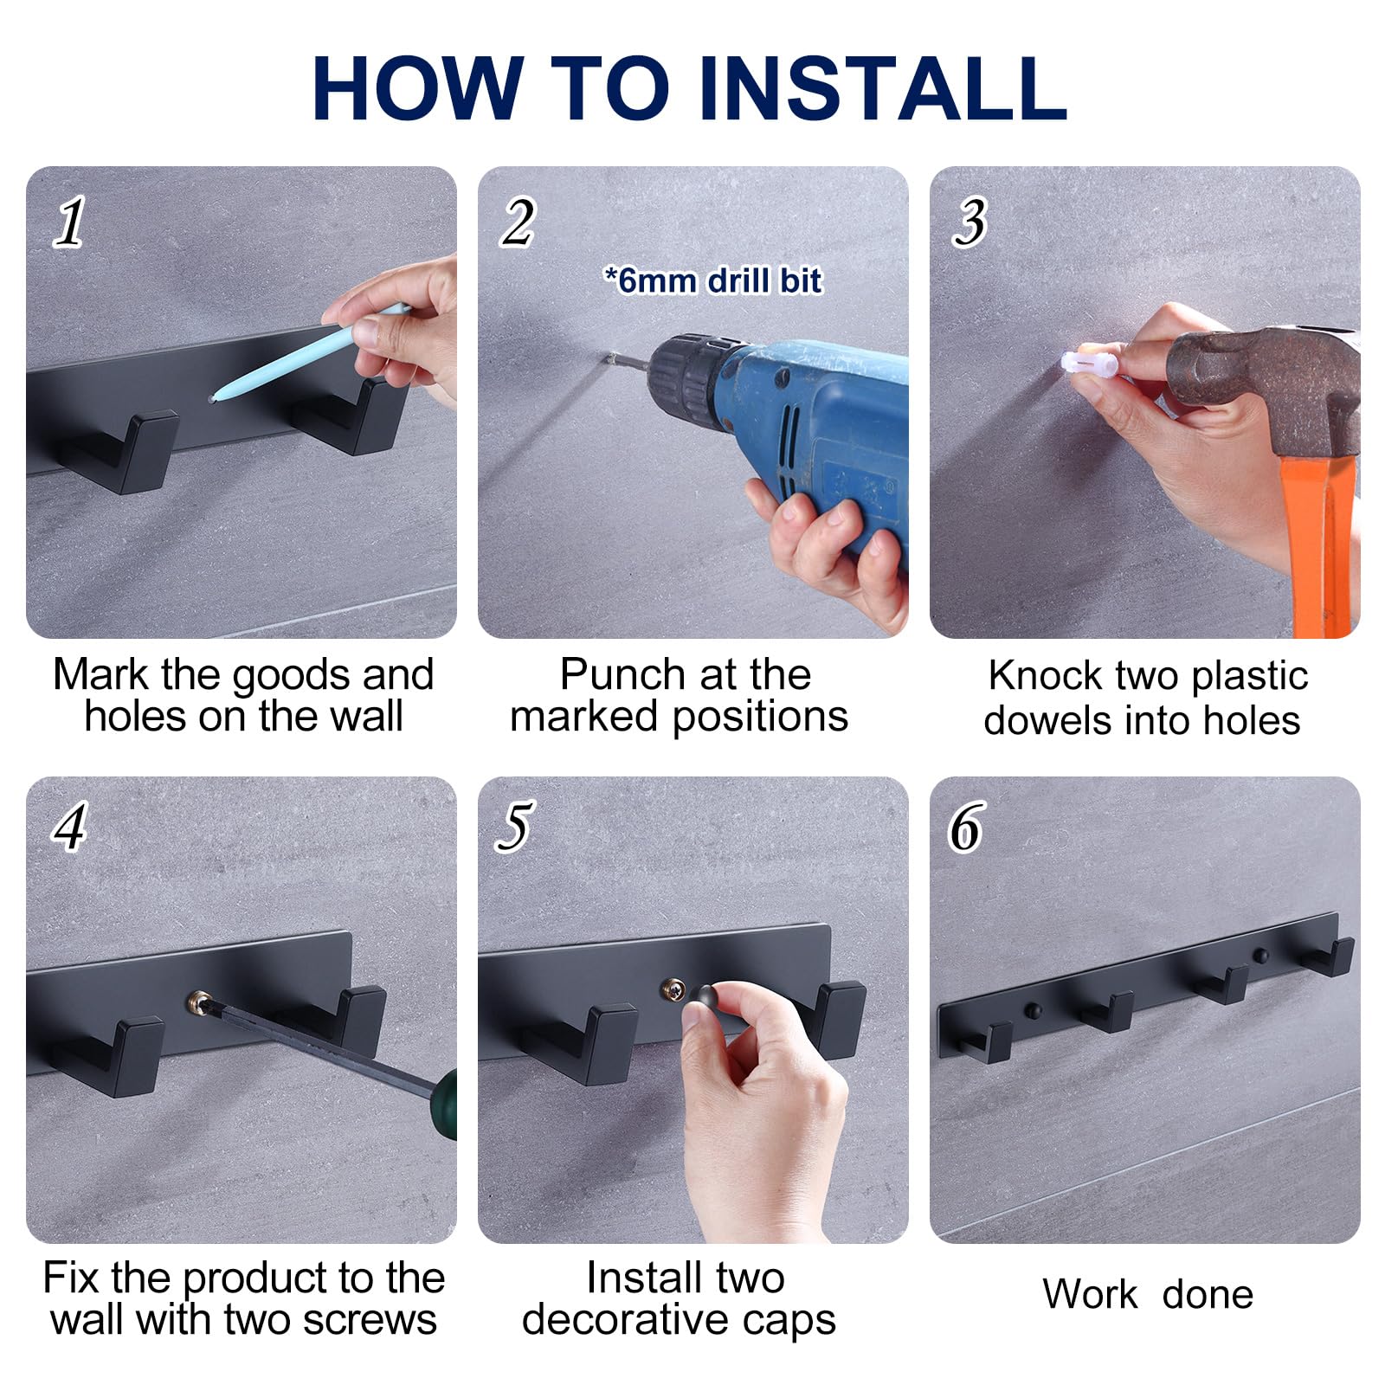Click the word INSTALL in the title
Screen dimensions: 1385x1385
(x=882, y=87)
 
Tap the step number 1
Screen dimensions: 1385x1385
(x=69, y=222)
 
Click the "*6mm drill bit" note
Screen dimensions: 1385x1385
(x=712, y=280)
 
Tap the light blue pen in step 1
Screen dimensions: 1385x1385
(x=310, y=351)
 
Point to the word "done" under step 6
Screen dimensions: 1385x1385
(x=1208, y=1294)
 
